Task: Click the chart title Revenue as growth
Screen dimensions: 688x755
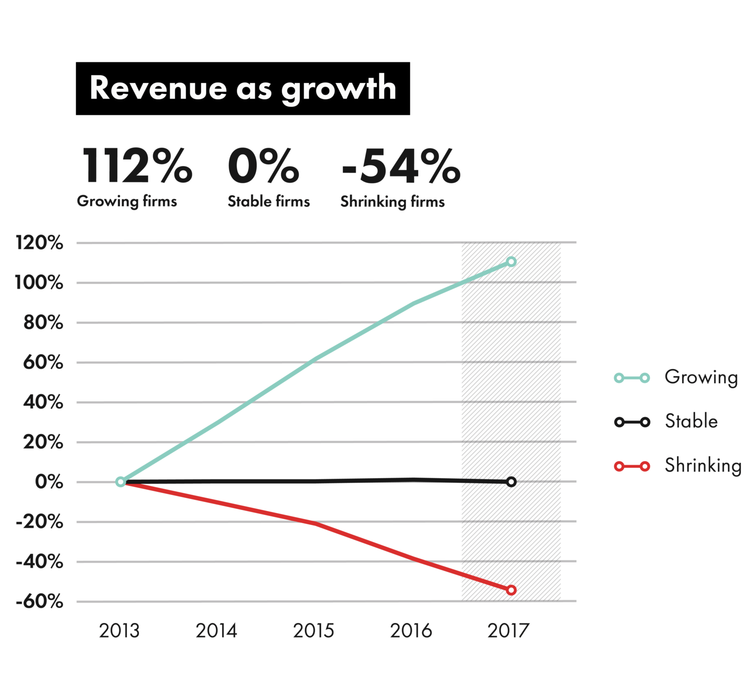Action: pyautogui.click(x=243, y=89)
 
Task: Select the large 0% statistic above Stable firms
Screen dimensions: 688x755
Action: pyautogui.click(x=263, y=166)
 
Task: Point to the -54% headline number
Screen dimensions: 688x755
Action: pyautogui.click(x=401, y=166)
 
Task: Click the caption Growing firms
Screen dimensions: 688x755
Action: pyautogui.click(x=127, y=201)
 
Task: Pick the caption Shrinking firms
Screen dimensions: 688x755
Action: pyautogui.click(x=393, y=202)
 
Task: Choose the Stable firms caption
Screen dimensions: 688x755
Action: pyautogui.click(x=269, y=201)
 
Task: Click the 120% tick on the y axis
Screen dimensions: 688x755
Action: pyautogui.click(x=40, y=243)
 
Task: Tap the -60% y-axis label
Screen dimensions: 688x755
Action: pyautogui.click(x=40, y=601)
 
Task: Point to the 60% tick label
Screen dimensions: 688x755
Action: pyautogui.click(x=43, y=362)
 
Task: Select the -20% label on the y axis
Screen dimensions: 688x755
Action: pyautogui.click(x=40, y=522)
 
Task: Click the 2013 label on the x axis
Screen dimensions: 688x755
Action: pyautogui.click(x=119, y=631)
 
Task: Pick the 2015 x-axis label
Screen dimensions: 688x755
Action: pyautogui.click(x=314, y=631)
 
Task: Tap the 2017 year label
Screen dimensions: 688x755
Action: pyautogui.click(x=508, y=631)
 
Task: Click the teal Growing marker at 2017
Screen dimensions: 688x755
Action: pyautogui.click(x=511, y=262)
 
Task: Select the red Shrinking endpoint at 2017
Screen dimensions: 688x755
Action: pyautogui.click(x=511, y=590)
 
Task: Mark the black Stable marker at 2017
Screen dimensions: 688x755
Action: pyautogui.click(x=511, y=482)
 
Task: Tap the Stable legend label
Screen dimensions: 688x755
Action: pyautogui.click(x=691, y=421)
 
